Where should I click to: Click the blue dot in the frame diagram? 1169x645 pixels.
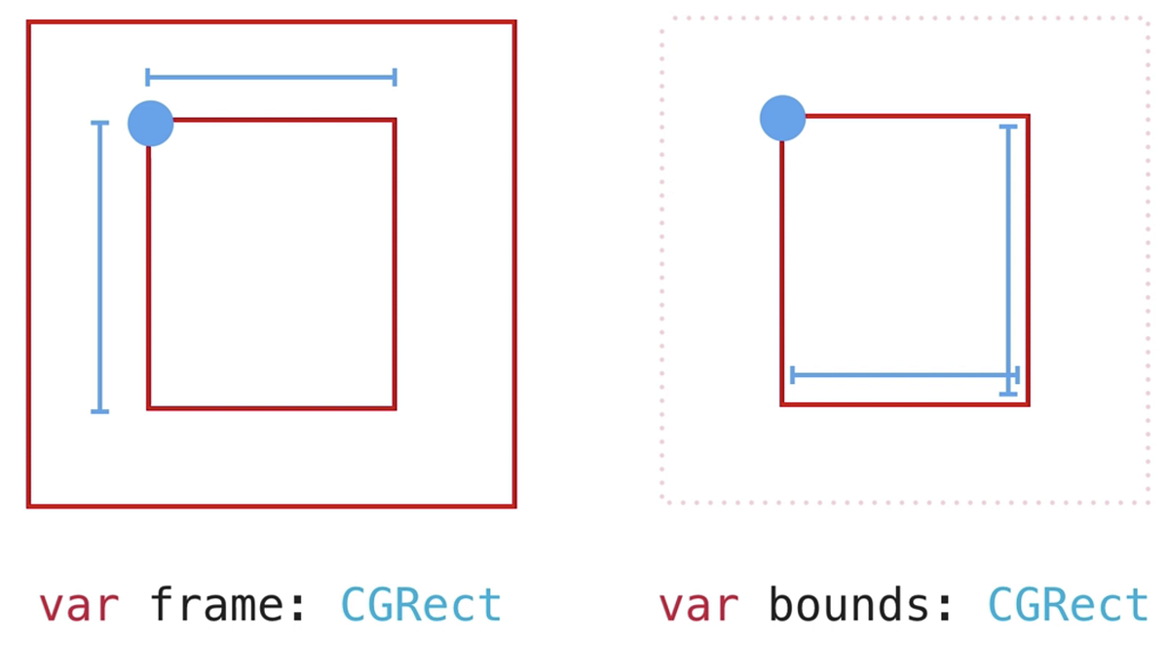coord(151,124)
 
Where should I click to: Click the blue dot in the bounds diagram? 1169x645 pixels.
coord(783,118)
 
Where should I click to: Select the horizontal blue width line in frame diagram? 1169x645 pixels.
coord(271,77)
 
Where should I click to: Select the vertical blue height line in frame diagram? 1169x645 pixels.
coord(99,266)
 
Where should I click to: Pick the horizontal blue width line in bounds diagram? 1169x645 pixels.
coord(904,375)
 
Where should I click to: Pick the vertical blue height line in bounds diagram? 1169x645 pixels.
coord(1008,259)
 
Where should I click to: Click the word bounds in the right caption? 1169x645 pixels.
coord(848,605)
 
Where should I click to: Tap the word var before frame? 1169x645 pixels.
coord(79,605)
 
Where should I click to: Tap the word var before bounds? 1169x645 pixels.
coord(698,605)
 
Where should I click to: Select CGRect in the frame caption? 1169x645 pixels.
coord(421,605)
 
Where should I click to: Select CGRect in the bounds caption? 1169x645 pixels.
coord(1069,605)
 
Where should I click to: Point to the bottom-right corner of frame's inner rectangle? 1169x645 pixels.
coord(395,408)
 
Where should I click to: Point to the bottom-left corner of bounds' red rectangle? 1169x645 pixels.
coord(782,403)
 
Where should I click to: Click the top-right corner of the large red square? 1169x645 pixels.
coord(514,22)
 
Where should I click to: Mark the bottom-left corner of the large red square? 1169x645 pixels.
coord(29,506)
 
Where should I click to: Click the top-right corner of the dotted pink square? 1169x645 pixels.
coord(1148,19)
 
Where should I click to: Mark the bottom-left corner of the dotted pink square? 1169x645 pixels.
coord(662,502)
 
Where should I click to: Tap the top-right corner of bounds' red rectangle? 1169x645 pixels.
coord(1028,116)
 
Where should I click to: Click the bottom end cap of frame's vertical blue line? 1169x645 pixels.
coord(99,411)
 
